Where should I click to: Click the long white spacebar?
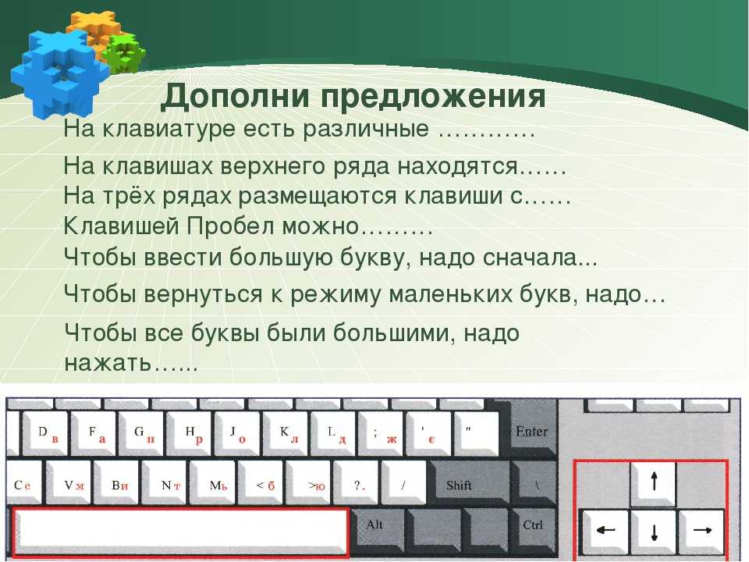180,532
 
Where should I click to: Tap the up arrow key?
654,482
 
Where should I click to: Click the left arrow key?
605,532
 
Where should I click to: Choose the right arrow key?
701,532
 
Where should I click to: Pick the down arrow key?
654,532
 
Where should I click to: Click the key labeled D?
46,433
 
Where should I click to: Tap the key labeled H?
190,433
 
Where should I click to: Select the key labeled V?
69,482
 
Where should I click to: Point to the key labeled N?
166,482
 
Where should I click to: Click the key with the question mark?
357,482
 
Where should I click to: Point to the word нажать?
108,363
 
